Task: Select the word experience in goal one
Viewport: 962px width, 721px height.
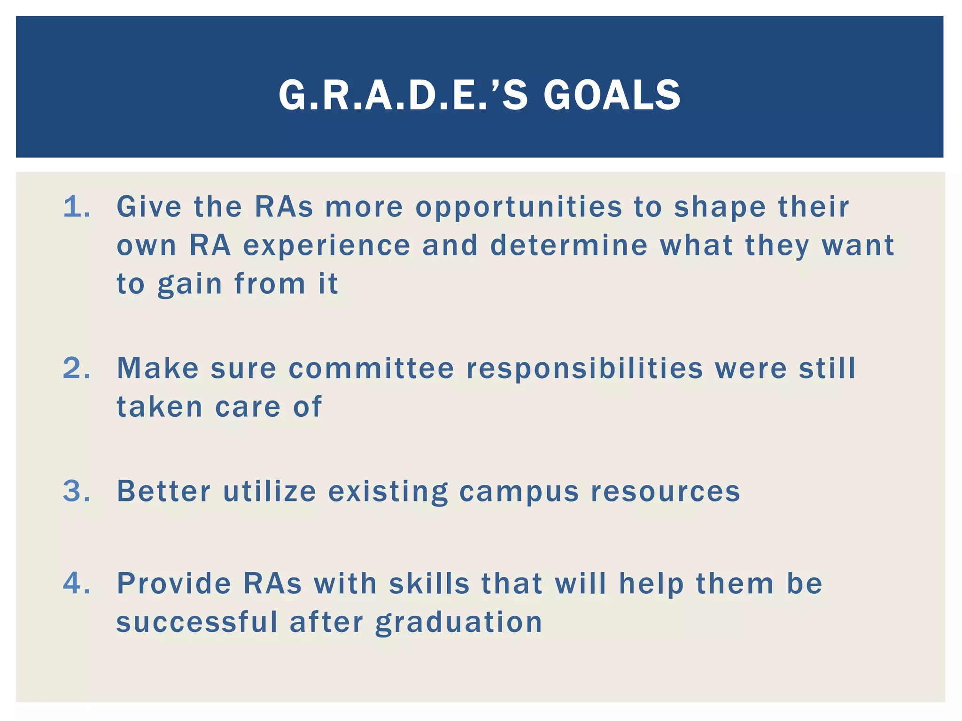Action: coord(327,246)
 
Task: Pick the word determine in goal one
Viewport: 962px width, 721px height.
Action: coord(569,245)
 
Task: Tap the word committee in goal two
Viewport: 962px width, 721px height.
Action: coord(371,368)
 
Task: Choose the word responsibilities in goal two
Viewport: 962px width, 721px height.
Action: coord(584,369)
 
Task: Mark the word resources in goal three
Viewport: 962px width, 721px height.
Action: coord(665,492)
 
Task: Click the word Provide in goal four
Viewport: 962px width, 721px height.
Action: coord(174,583)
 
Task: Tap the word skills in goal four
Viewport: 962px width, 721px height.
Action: coord(429,583)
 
